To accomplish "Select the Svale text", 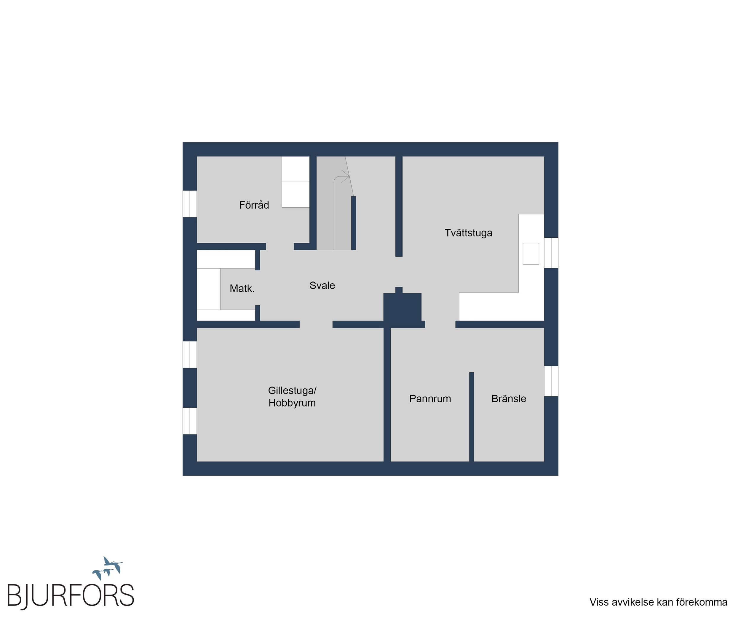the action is [x=322, y=285].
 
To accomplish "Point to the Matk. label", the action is [x=242, y=288].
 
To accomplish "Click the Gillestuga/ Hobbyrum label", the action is [x=292, y=397].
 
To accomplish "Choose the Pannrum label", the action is [x=430, y=399].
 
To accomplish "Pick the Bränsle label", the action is [x=509, y=399].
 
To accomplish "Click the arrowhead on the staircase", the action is [x=346, y=176].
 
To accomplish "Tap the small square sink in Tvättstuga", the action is [x=531, y=254].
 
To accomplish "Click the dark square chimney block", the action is [x=402, y=306].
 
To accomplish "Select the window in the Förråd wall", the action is [x=189, y=204].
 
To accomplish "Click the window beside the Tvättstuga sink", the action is [x=551, y=253].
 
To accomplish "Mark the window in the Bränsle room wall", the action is [x=551, y=381].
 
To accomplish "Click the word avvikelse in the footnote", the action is [x=633, y=602].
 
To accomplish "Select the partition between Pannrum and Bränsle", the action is [x=471, y=417].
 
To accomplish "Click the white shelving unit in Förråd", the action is [x=296, y=182].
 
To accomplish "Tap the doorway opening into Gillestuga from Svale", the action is [x=316, y=324].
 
